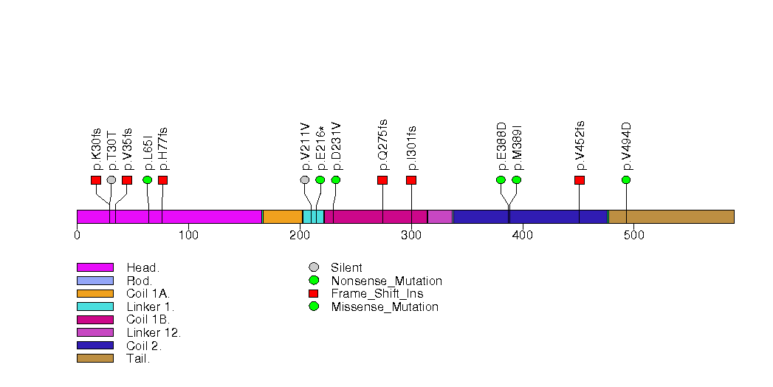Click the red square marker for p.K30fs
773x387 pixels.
coord(95,180)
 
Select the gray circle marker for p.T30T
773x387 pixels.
coord(111,180)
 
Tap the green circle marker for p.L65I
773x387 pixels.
coord(147,180)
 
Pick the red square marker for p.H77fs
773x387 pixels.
coord(162,180)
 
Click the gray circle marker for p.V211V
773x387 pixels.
coord(305,180)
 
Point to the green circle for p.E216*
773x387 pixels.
coord(320,180)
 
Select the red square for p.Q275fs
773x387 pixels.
coord(382,180)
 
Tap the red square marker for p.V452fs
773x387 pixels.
coord(580,180)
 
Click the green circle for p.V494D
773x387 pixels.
coord(626,180)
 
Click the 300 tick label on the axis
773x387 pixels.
coord(411,236)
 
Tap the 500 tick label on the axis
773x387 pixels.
coord(634,236)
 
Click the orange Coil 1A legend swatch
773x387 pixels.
coord(95,294)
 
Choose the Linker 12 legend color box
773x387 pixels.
coord(95,332)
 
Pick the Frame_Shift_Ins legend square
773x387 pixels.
coord(314,294)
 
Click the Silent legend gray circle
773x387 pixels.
coord(314,267)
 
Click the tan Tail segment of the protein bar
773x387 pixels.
coord(670,216)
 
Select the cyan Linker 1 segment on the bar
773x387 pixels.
coord(313,216)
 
